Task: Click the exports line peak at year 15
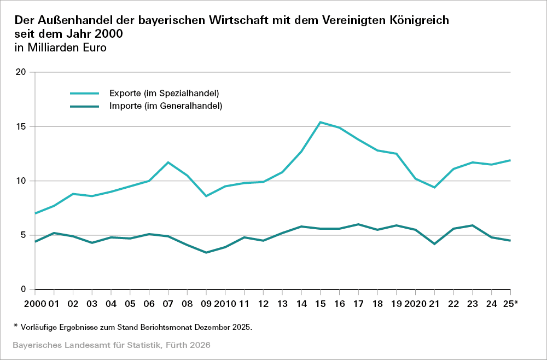click(x=320, y=122)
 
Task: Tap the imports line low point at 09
click(x=206, y=253)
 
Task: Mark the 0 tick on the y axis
click(x=24, y=289)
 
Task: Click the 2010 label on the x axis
click(x=225, y=303)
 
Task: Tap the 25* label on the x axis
click(x=509, y=303)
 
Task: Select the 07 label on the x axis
click(x=168, y=303)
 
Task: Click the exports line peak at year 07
click(x=168, y=162)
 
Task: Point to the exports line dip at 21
click(x=434, y=188)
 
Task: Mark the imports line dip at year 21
click(x=434, y=244)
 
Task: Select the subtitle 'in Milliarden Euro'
click(x=60, y=48)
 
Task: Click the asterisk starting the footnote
click(x=16, y=327)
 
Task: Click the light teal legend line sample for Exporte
click(x=84, y=92)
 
